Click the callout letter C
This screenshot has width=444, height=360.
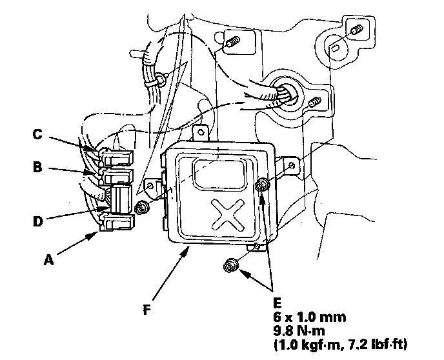(38, 135)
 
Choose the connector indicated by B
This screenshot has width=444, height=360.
(116, 175)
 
